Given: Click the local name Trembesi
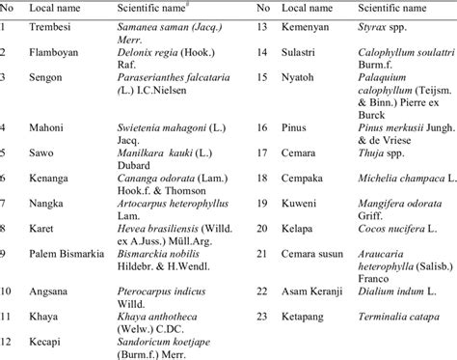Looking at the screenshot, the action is click(51, 26).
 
